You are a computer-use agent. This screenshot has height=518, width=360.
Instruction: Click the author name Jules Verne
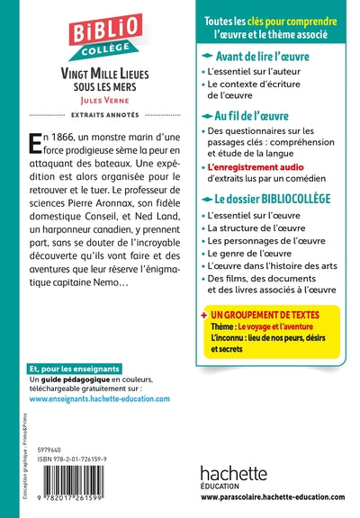(x=99, y=103)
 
